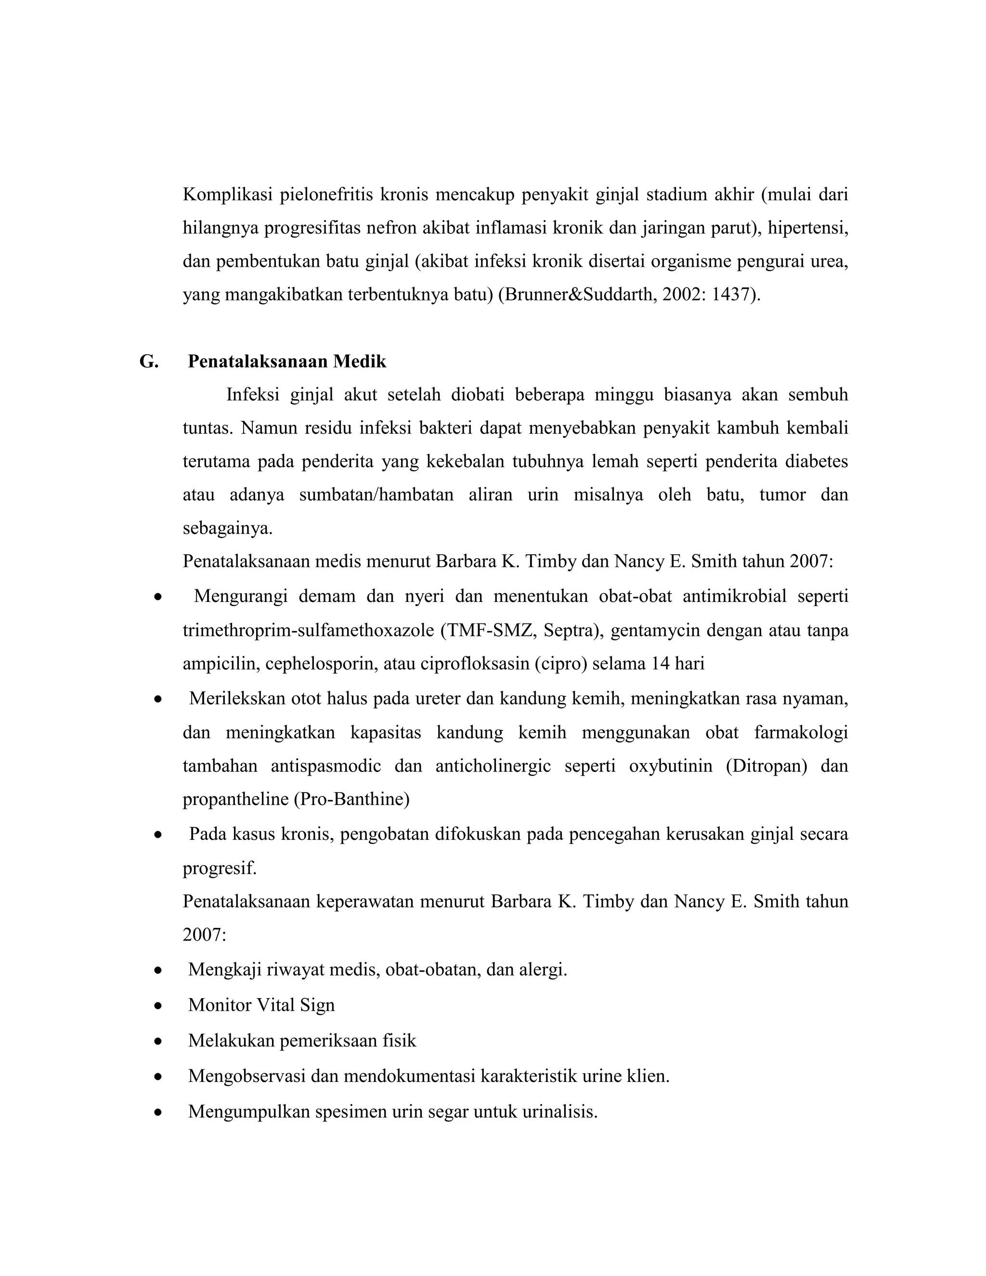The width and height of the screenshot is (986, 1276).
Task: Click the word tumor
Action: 783,495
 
